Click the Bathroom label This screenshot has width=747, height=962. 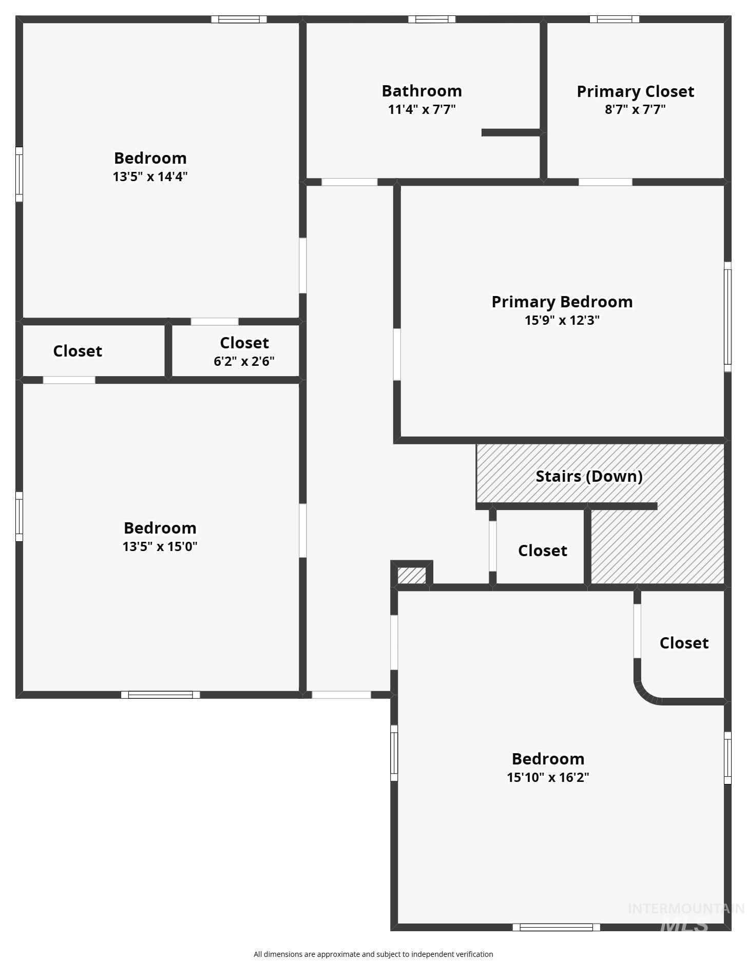coord(422,91)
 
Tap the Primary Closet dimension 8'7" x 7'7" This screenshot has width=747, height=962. coord(635,109)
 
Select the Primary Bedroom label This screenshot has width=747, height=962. coord(562,302)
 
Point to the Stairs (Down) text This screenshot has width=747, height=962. coord(589,476)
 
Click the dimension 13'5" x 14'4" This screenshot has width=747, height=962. coord(150,176)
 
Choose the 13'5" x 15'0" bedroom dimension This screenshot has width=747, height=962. coord(160,546)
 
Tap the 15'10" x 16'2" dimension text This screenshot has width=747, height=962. coord(548,777)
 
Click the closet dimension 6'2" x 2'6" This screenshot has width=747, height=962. coord(244,361)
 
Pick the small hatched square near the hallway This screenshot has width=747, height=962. coord(412,575)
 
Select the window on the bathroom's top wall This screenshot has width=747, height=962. coord(432,19)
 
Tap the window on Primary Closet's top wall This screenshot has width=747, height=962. coord(614,19)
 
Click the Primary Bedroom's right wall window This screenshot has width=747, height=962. coord(727,317)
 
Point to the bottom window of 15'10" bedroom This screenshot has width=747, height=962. coord(556,927)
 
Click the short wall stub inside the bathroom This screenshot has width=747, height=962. coord(511,132)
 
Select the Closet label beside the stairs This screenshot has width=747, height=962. coord(542,551)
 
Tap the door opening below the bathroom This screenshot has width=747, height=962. coord(349,182)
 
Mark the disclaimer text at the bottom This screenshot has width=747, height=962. coord(373,954)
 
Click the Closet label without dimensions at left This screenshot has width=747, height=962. coord(78,351)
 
